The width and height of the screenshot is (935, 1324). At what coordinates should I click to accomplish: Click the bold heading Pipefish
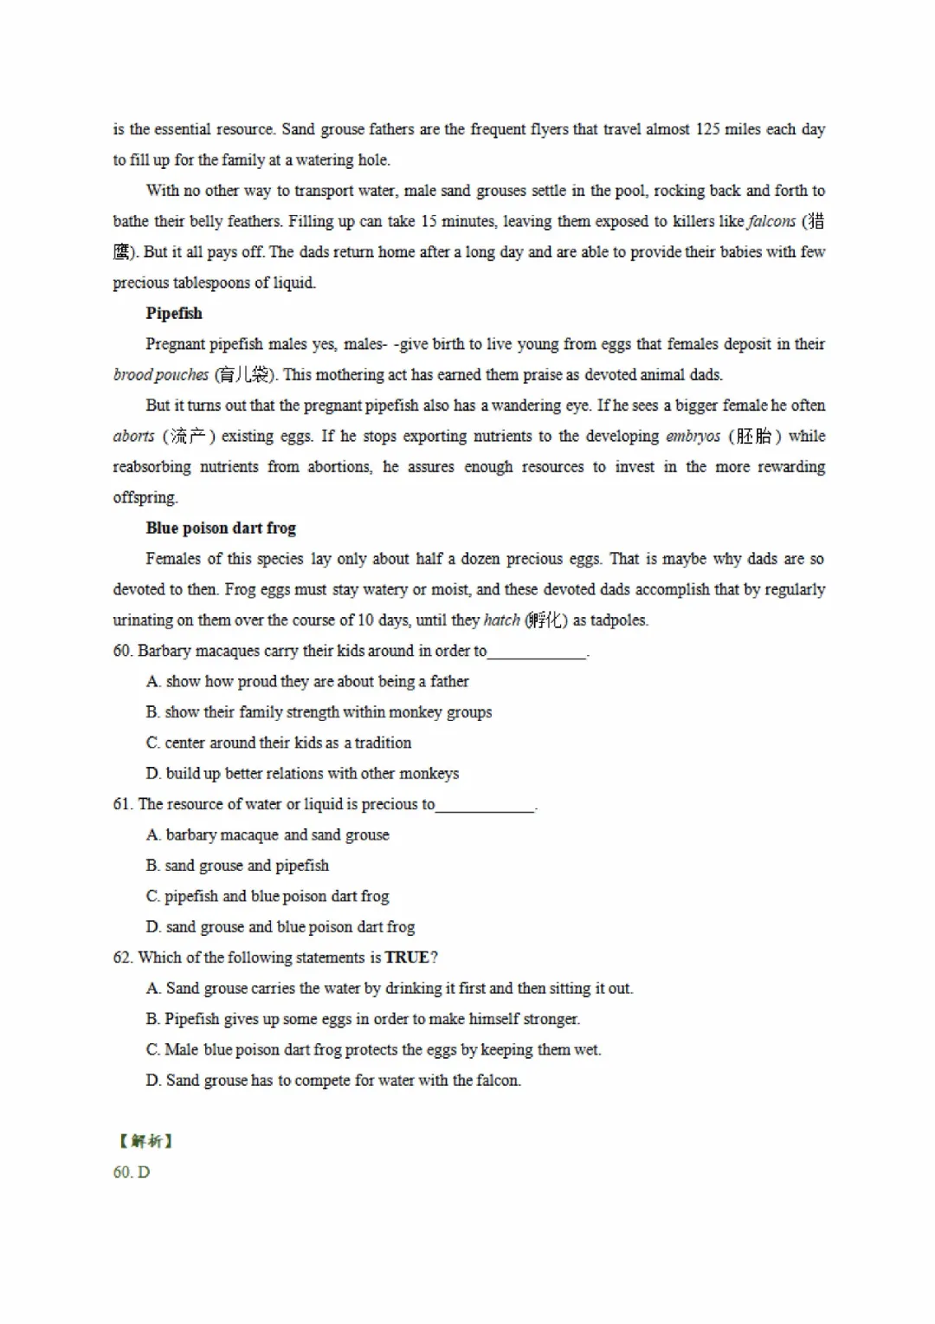click(x=174, y=314)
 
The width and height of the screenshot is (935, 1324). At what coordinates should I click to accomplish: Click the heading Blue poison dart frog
click(x=221, y=529)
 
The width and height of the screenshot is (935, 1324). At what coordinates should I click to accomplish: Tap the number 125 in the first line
click(x=707, y=129)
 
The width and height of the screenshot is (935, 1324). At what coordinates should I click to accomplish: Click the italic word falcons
click(x=771, y=221)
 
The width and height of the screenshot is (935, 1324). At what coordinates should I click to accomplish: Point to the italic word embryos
click(x=693, y=436)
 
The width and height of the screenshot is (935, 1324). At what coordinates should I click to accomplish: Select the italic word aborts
click(x=133, y=436)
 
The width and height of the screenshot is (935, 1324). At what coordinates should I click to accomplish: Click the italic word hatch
click(x=501, y=620)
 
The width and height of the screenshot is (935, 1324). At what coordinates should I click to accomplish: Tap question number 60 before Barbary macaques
click(x=122, y=651)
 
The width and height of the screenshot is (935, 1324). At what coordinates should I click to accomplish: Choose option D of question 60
click(x=302, y=774)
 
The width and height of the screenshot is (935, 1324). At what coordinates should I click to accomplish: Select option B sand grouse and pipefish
click(x=238, y=866)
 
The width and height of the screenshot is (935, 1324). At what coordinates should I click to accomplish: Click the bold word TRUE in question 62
click(x=407, y=957)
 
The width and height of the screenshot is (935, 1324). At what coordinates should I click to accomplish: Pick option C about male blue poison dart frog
click(x=373, y=1050)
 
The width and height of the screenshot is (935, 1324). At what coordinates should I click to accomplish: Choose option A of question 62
click(x=390, y=989)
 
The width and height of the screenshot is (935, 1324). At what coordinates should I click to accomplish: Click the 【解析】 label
click(x=145, y=1141)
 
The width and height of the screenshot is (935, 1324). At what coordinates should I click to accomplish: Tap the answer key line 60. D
click(x=132, y=1172)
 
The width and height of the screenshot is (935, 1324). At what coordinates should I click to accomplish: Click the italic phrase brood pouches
click(x=161, y=375)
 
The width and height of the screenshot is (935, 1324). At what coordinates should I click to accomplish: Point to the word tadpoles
click(x=619, y=620)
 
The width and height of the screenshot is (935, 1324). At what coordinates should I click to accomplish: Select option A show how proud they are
click(x=307, y=682)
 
